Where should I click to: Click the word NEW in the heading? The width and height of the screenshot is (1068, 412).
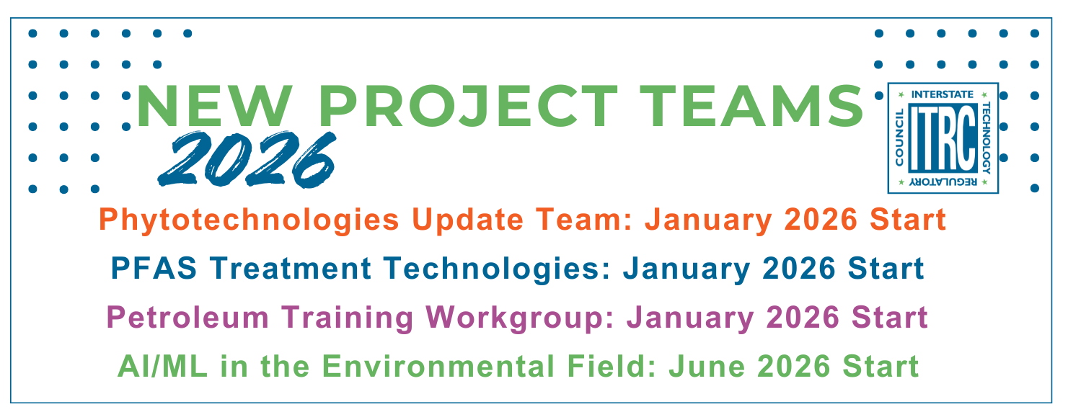click(x=214, y=106)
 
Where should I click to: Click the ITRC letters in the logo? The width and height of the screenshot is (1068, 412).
click(x=943, y=138)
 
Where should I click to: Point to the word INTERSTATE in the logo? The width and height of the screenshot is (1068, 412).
click(x=942, y=94)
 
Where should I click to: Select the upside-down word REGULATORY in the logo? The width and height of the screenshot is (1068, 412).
click(x=943, y=182)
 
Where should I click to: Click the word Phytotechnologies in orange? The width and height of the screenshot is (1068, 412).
click(x=249, y=220)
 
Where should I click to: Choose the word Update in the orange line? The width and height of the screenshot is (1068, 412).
click(x=468, y=220)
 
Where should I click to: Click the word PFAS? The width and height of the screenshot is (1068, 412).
click(x=154, y=268)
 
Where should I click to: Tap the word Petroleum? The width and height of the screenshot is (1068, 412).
click(x=187, y=318)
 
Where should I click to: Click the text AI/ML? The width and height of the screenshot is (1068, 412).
click(x=162, y=367)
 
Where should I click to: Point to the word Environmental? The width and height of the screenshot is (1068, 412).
click(x=438, y=367)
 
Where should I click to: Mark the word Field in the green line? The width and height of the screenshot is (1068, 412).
click(x=609, y=367)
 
